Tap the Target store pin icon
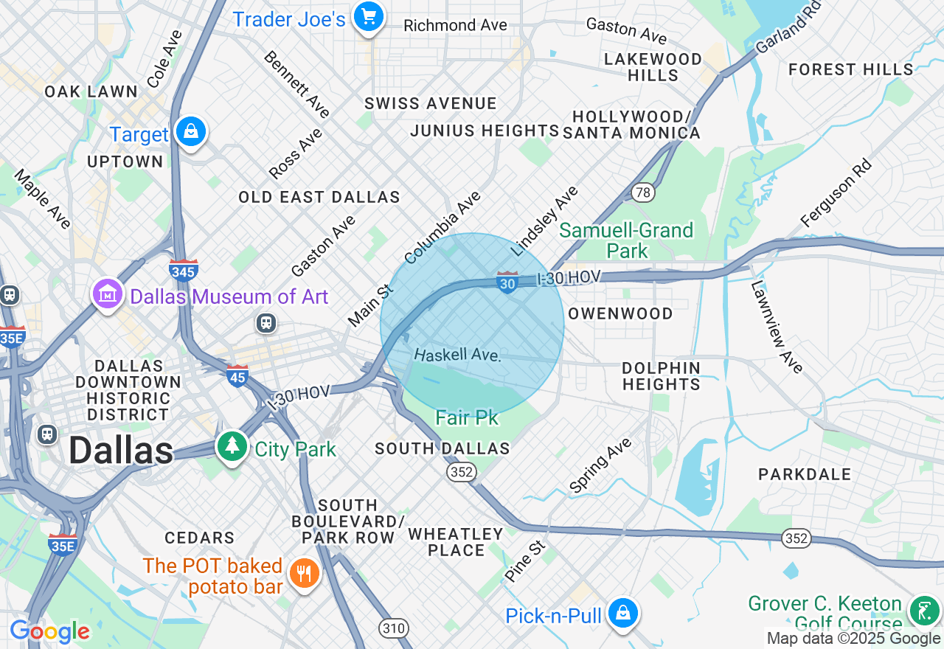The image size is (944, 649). [x=191, y=132]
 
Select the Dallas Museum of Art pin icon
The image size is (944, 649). [x=108, y=295]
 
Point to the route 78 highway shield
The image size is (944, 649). [x=643, y=193]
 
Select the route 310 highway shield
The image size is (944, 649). [x=394, y=628]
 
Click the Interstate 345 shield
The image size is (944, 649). [x=183, y=271]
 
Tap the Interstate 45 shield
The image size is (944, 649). [x=237, y=375]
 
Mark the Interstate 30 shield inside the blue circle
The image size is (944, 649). [x=507, y=282]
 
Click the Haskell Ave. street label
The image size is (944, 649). [x=457, y=355]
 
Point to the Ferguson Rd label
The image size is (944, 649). [x=836, y=193]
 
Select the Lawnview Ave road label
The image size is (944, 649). [x=777, y=327]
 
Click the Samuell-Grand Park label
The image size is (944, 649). [x=626, y=240]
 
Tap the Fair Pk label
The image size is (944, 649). [x=467, y=418]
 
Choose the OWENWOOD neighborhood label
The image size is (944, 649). [x=620, y=313]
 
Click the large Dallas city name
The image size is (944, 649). [x=121, y=451]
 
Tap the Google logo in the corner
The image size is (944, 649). [x=49, y=631]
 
